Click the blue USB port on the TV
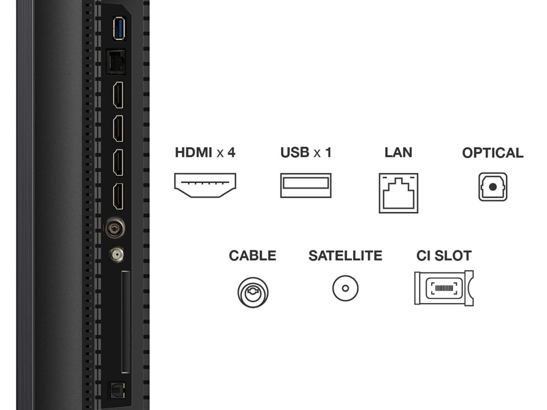[x=119, y=28]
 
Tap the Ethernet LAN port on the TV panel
[x=116, y=62]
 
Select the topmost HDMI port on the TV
[x=118, y=95]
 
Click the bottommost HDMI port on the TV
[x=118, y=196]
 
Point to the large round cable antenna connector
[x=115, y=227]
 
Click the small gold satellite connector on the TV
[x=116, y=255]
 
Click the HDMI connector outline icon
[x=205, y=185]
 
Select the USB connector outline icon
[x=306, y=185]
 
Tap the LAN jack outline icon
[x=398, y=193]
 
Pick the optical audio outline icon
[x=493, y=187]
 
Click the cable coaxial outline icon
[x=253, y=292]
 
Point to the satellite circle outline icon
[x=345, y=288]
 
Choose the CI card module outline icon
[x=444, y=288]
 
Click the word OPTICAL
[x=492, y=153]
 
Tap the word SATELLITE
[x=345, y=256]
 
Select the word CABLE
[x=252, y=256]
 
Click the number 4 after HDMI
[x=231, y=152]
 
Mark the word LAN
[x=398, y=152]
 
